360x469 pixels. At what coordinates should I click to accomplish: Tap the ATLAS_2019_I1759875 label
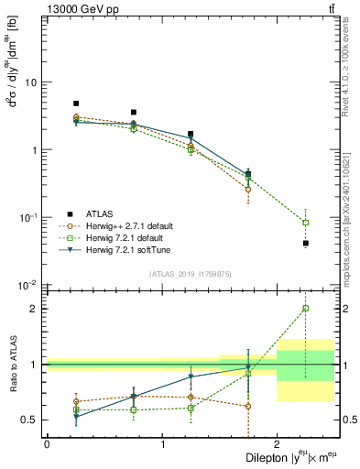coord(190,272)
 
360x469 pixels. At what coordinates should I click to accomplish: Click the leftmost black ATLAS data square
coord(76,104)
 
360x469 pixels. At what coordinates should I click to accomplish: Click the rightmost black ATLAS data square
coord(306,243)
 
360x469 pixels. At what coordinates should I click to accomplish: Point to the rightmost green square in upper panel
coord(306,223)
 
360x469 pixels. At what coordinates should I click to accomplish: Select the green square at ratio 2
coord(306,309)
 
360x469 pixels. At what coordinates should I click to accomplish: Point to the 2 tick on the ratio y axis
coord(36,309)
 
